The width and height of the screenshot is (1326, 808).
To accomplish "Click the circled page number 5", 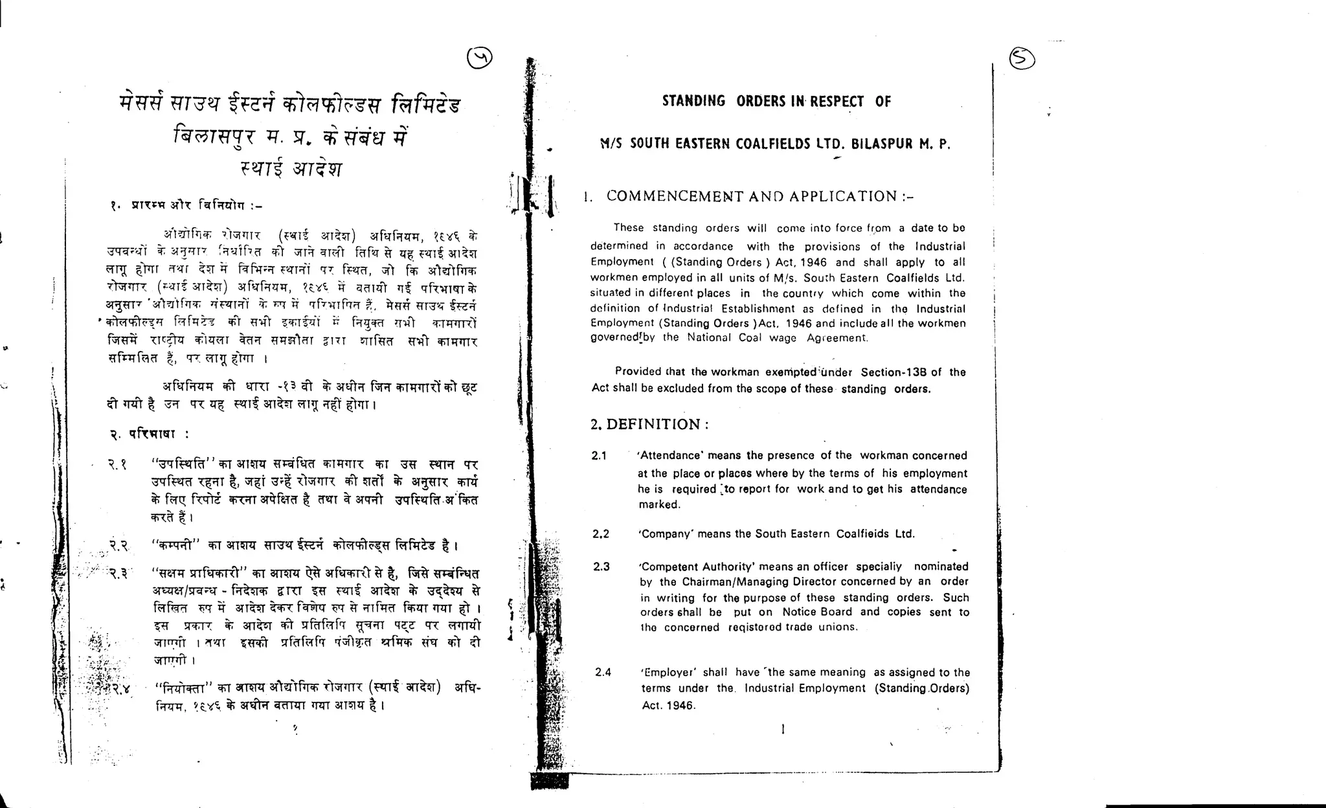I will [x=1022, y=59].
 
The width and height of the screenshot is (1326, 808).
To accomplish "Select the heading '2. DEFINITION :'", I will [x=649, y=425].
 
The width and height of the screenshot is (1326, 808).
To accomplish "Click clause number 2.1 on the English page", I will [x=599, y=456].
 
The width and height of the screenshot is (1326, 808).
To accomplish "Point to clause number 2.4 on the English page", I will [x=603, y=673].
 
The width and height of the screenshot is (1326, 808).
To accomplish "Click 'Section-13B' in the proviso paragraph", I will [x=894, y=372].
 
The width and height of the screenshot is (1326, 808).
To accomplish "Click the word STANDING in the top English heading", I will [x=693, y=101].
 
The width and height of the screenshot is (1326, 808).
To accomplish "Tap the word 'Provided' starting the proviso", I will [x=638, y=372].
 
